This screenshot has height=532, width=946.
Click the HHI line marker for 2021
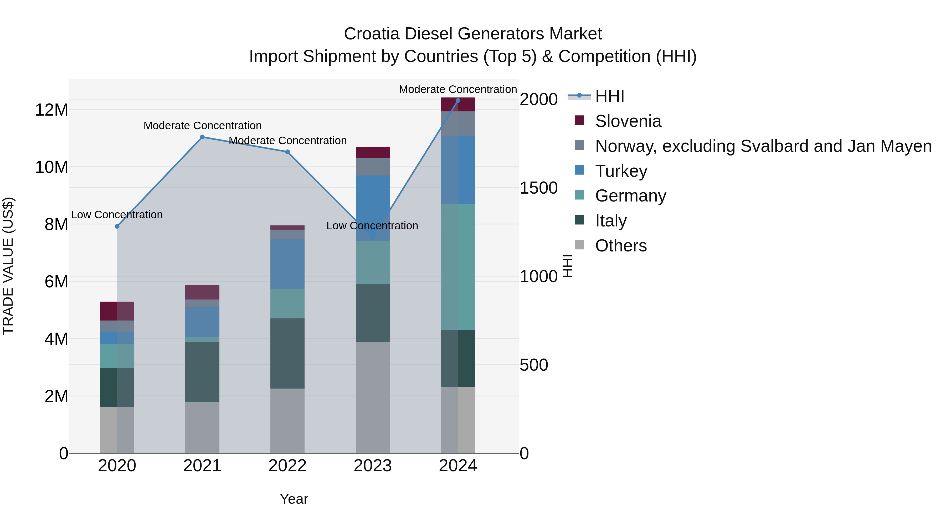202,137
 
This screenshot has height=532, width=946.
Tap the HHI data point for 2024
458,101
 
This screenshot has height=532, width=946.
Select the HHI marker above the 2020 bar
117,226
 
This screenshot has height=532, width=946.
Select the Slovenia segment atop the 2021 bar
202,292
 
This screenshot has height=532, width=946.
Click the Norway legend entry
763,146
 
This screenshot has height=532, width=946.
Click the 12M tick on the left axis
52,110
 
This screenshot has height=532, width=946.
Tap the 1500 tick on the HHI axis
538,188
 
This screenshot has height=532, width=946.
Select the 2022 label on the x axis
287,466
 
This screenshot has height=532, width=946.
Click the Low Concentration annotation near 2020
117,215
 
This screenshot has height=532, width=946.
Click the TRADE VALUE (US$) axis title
8,266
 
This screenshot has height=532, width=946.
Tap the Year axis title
294,499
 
